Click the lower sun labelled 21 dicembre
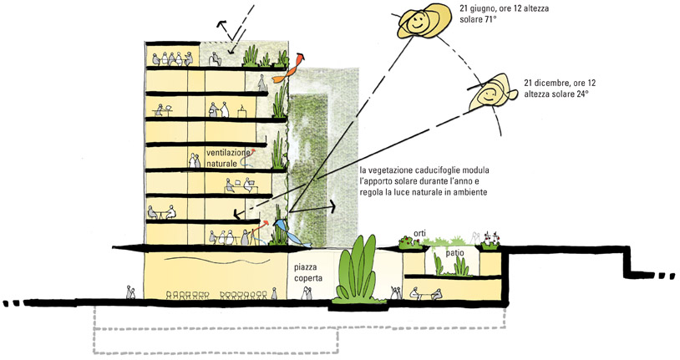point(493,91)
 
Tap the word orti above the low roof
point(420,234)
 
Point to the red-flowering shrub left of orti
point(409,243)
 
